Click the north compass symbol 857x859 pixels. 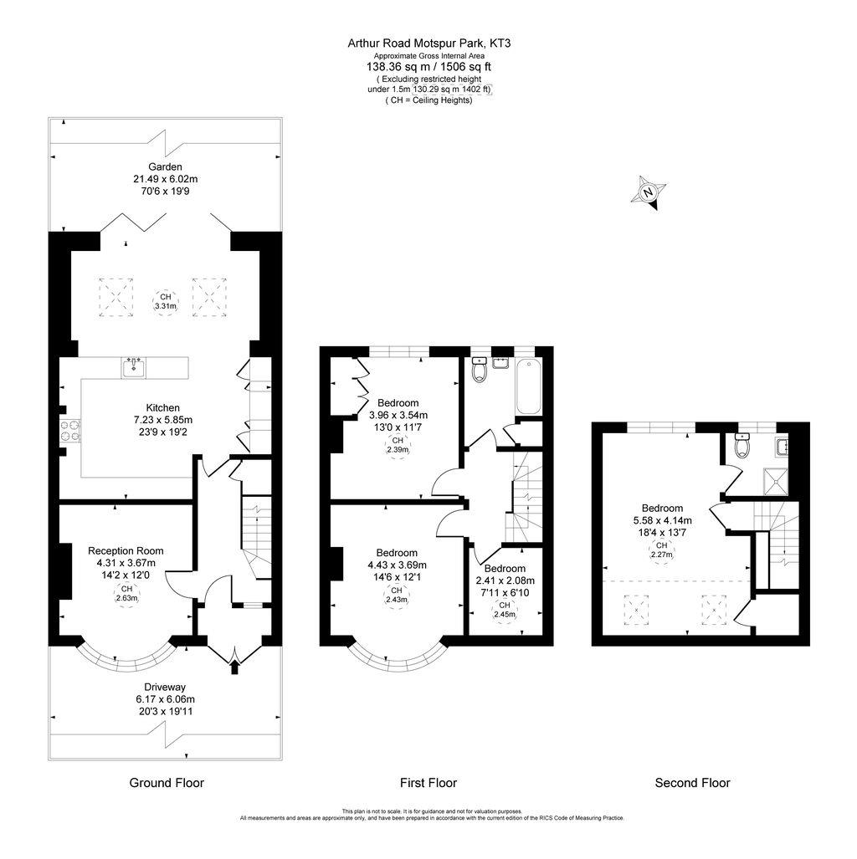648,192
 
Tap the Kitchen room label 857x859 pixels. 162,407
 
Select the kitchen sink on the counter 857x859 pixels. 133,366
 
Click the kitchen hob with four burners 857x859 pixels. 69,429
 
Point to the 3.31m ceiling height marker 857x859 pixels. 165,302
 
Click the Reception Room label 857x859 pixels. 126,550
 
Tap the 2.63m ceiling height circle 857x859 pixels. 126,593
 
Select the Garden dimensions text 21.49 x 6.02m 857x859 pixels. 165,179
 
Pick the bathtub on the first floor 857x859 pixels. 528,386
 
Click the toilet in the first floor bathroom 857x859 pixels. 480,370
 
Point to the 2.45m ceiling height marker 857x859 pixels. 504,611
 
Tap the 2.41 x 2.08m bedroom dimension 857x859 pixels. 505,580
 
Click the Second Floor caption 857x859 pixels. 692,783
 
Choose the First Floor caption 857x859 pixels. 428,783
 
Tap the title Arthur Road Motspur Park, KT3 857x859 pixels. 428,43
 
